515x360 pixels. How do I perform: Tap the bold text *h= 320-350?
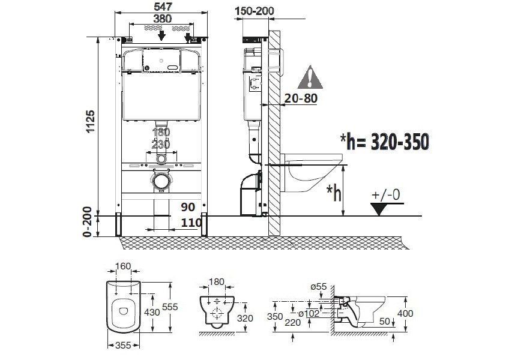[x=384, y=142]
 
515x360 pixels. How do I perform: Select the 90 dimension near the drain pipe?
[x=188, y=207]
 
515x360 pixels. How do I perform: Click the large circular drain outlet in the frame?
[x=160, y=179]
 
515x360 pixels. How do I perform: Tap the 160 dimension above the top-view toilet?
[x=123, y=266]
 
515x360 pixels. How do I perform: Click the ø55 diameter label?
[x=319, y=287]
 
